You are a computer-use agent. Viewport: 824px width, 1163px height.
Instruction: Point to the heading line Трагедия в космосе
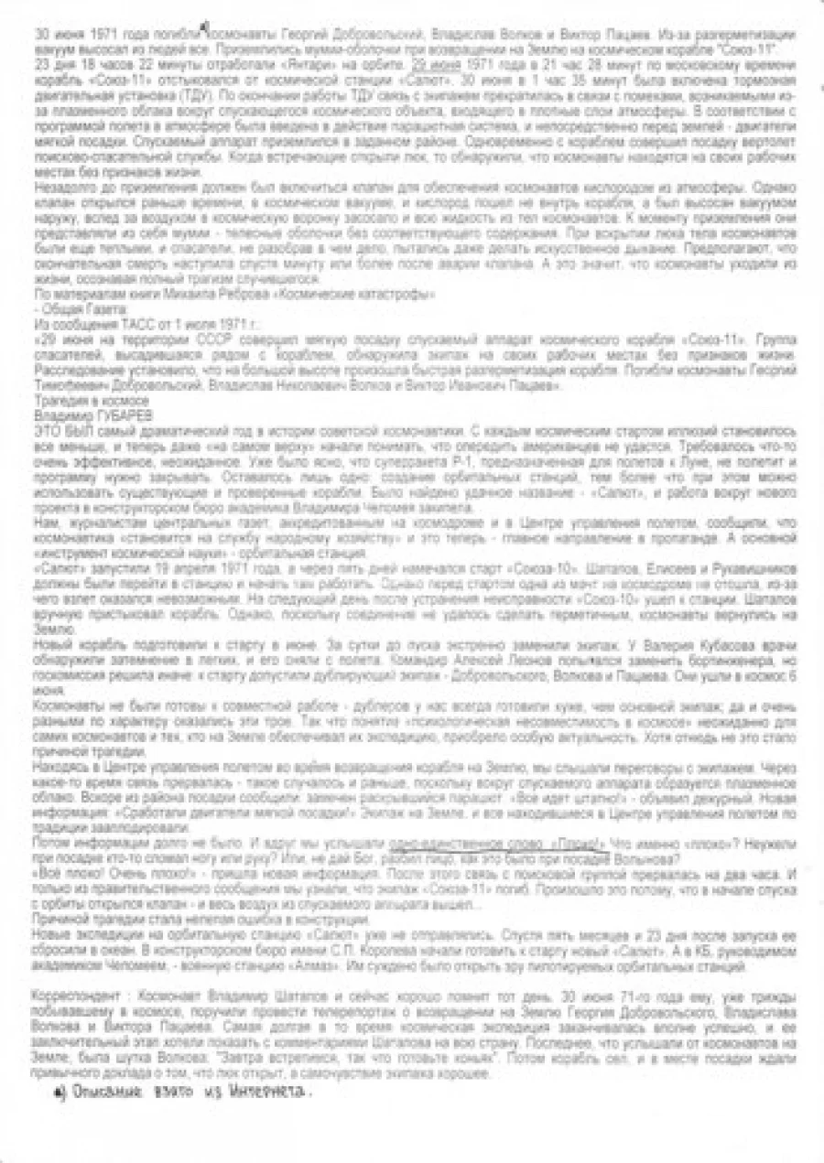click(91, 401)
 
